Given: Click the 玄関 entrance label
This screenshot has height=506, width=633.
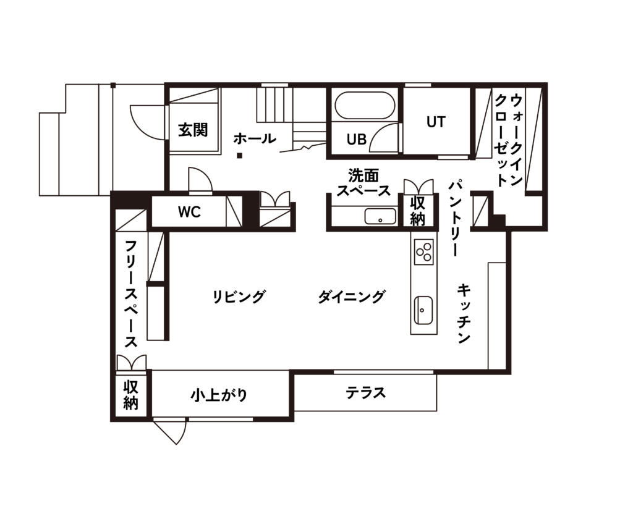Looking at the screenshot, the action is click(x=193, y=130).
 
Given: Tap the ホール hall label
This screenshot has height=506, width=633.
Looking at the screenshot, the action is click(x=255, y=138).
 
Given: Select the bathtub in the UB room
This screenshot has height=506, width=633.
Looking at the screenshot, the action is click(x=365, y=106).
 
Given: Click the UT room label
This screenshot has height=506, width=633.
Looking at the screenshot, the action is click(x=436, y=122).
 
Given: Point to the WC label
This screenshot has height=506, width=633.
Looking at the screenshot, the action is click(x=189, y=212).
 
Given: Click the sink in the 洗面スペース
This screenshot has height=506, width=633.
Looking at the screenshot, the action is click(x=380, y=216).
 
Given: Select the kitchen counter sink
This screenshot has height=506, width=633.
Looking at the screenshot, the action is click(x=423, y=310).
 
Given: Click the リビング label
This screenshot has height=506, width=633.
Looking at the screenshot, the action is click(x=239, y=297).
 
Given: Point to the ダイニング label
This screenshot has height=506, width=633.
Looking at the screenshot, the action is click(x=351, y=297).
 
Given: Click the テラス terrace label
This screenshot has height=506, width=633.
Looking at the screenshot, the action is click(x=366, y=392).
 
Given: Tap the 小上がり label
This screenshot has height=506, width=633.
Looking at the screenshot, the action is click(x=219, y=395).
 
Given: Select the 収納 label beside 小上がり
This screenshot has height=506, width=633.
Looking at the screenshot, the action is click(x=131, y=395).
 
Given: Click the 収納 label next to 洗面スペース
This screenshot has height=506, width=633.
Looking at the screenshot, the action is click(x=417, y=211).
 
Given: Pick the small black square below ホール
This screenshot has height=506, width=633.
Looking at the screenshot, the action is click(x=239, y=155).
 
